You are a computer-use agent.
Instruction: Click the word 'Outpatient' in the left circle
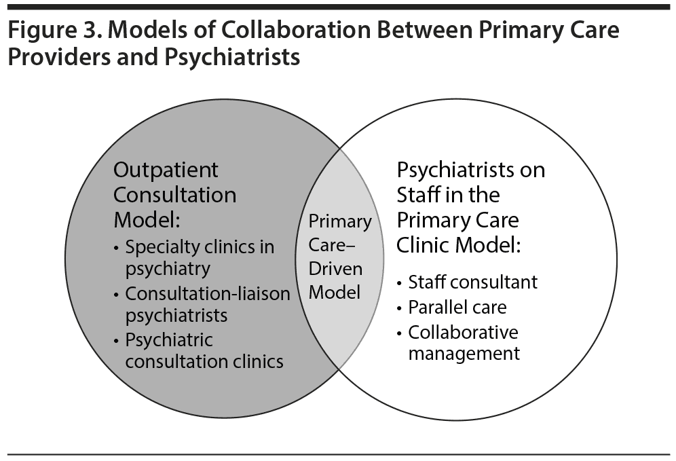pyautogui.click(x=166, y=170)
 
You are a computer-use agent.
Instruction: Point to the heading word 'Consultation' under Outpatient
pyautogui.click(x=174, y=196)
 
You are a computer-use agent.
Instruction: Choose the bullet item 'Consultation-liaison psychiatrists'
pyautogui.click(x=207, y=304)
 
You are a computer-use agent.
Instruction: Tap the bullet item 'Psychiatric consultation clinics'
pyautogui.click(x=204, y=350)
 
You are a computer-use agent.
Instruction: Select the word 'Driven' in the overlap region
pyautogui.click(x=336, y=268)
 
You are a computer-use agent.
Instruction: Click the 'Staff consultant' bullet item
pyautogui.click(x=472, y=282)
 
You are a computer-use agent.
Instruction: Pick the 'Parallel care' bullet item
pyautogui.click(x=457, y=307)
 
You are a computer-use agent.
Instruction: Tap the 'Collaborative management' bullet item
pyautogui.click(x=464, y=343)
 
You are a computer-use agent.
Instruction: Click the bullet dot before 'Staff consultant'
pyautogui.click(x=400, y=282)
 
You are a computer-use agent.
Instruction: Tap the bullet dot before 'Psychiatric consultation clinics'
pyautogui.click(x=117, y=339)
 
